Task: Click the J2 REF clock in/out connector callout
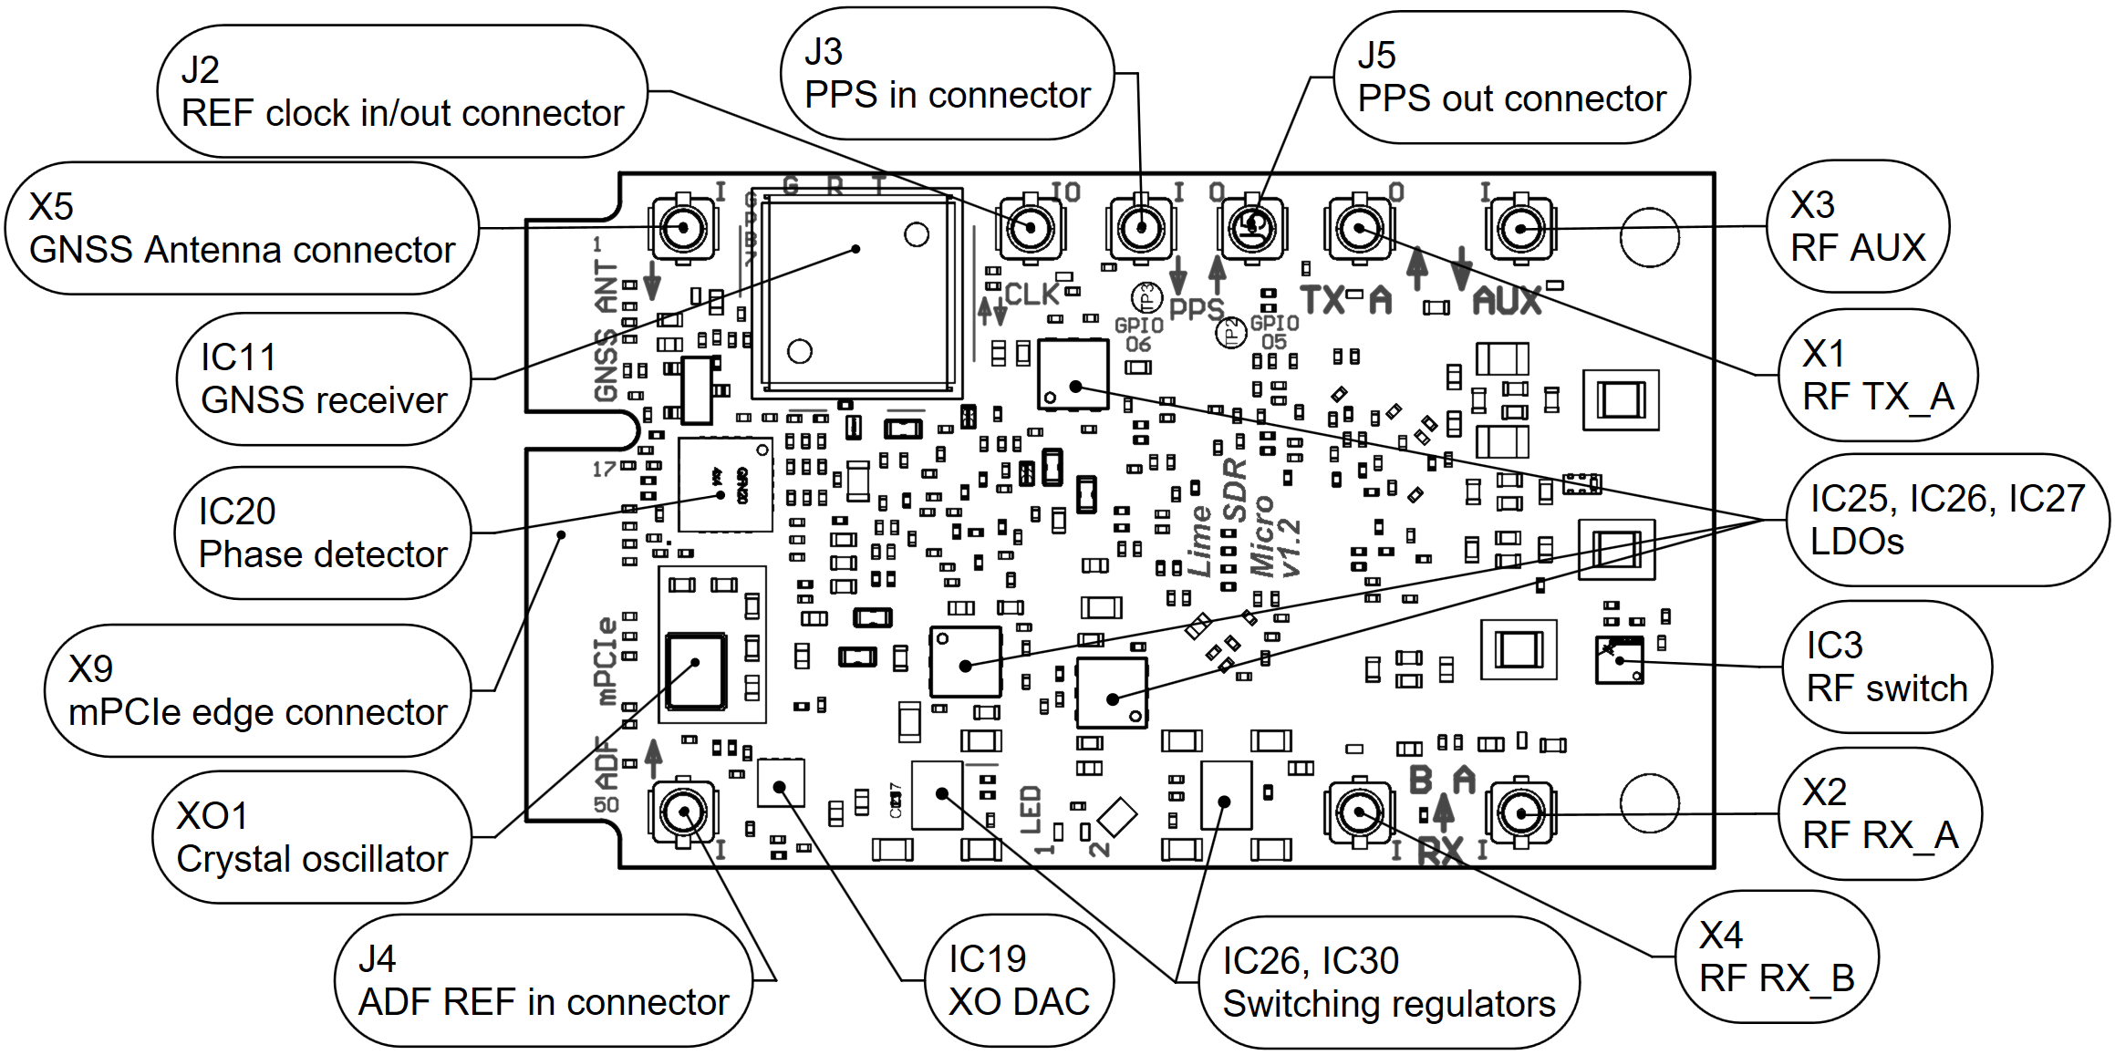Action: (x=401, y=91)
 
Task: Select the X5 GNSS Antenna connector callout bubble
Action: (x=242, y=228)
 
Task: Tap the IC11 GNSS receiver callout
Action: (x=324, y=379)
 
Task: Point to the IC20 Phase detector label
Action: (x=323, y=533)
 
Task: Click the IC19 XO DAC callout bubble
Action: (x=1019, y=981)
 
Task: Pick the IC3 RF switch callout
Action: (x=1886, y=667)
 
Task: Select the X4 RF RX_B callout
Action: (x=1777, y=957)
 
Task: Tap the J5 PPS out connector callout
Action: (x=1511, y=78)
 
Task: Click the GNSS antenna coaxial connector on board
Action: (x=683, y=228)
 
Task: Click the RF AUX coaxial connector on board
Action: (x=1520, y=228)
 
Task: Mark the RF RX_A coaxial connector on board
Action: (x=1520, y=812)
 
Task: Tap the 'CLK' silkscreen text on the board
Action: (x=1032, y=295)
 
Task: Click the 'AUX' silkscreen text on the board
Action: (x=1507, y=301)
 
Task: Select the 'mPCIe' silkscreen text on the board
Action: (x=606, y=662)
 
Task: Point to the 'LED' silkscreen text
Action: (x=1031, y=811)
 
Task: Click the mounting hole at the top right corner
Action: (x=1649, y=238)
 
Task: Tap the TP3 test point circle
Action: (x=1146, y=296)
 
